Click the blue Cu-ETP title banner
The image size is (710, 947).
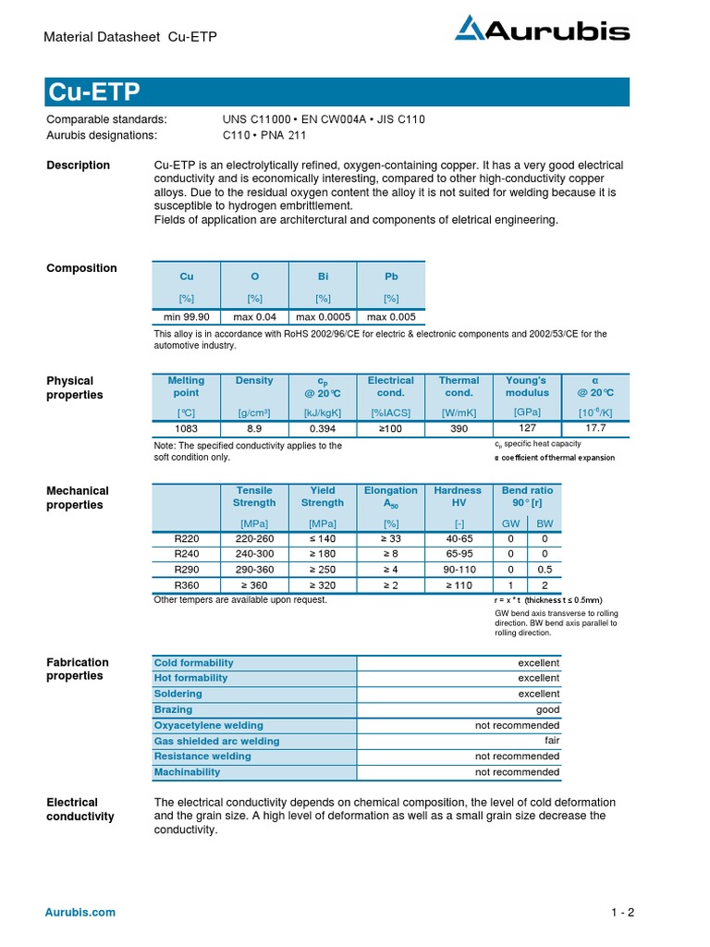pos(337,92)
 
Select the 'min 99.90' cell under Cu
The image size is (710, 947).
pos(187,316)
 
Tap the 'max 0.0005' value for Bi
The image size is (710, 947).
pos(323,316)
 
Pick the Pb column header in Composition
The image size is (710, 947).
pos(391,277)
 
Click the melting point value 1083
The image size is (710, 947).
pos(186,429)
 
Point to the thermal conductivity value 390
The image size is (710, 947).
pos(459,429)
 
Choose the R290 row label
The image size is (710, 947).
pos(186,569)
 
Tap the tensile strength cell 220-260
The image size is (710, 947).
pos(254,537)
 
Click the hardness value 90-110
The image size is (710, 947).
pos(459,569)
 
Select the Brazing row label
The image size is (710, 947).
pos(174,709)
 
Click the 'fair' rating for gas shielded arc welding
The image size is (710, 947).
pos(551,741)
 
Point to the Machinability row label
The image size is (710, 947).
pos(187,772)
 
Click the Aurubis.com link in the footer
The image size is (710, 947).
pos(81,912)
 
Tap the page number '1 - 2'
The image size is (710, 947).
pos(622,913)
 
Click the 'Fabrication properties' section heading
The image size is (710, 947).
pos(78,669)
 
